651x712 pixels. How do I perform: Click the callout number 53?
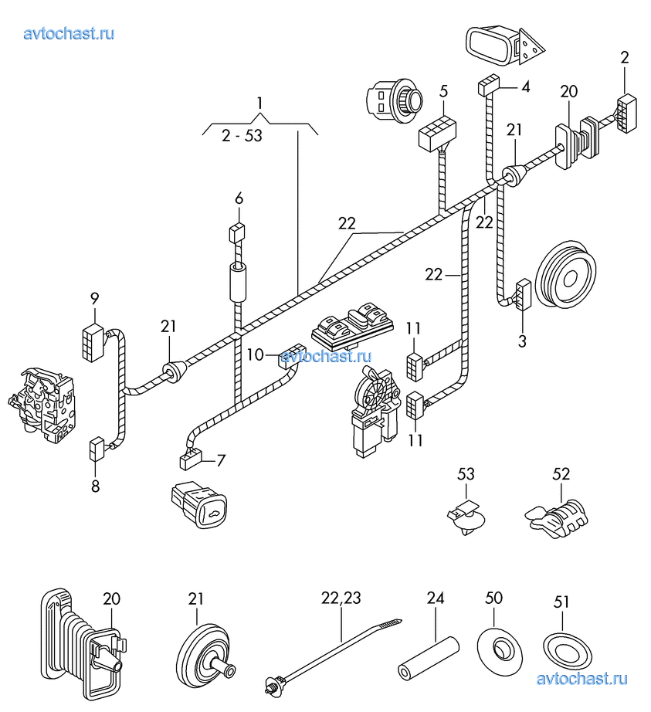466,473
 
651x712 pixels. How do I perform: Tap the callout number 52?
561,473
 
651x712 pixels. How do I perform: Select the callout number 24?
436,597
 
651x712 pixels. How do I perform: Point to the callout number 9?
94,298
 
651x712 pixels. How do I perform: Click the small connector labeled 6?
238,232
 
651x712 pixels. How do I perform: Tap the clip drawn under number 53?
467,518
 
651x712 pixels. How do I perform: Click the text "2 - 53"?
242,136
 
